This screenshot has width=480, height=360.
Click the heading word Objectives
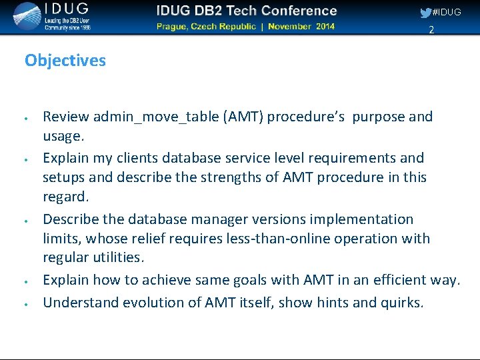point(65,61)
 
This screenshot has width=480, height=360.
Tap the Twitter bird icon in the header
point(425,12)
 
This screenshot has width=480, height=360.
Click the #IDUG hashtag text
point(447,12)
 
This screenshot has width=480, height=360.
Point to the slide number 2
point(431,30)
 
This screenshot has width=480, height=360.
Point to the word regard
point(64,197)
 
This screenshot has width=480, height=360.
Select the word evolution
point(141,303)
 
